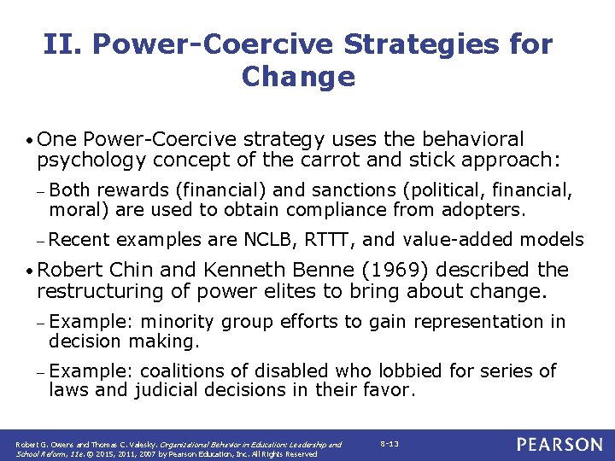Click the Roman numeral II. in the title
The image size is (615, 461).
pos(63,44)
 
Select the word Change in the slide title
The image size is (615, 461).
pos(298,77)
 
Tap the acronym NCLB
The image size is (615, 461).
pos(269,240)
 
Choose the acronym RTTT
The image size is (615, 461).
pos(328,240)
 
